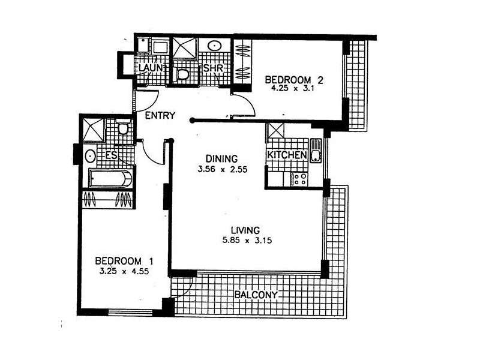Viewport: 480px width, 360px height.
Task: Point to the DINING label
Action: (218, 159)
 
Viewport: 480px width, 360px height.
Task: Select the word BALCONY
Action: (256, 295)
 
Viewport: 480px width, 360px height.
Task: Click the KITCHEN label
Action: (287, 155)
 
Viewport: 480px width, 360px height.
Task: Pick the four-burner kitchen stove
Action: (298, 178)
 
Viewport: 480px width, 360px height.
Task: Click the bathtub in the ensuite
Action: (108, 178)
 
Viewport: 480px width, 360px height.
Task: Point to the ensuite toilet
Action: (124, 128)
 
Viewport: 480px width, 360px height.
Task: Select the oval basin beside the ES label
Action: (90, 156)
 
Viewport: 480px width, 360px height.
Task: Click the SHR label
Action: (213, 69)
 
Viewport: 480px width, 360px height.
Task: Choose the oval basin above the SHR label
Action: (214, 46)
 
